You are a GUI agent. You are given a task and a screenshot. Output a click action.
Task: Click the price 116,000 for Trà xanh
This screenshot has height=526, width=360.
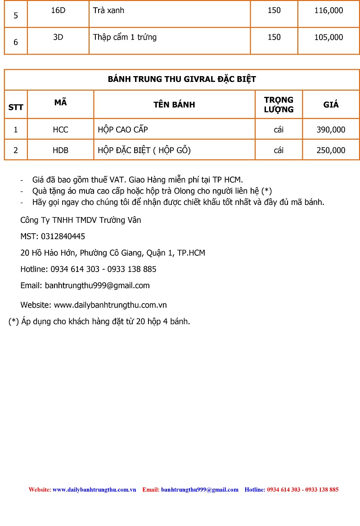click(x=328, y=10)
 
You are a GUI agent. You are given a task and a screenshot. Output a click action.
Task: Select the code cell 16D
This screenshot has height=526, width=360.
click(x=58, y=10)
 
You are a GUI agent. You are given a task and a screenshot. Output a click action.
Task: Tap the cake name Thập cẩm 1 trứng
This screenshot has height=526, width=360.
click(x=125, y=37)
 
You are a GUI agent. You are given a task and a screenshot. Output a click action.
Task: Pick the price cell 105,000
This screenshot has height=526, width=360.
click(x=328, y=37)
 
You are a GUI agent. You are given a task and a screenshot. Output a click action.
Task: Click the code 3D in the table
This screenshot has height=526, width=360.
click(x=58, y=37)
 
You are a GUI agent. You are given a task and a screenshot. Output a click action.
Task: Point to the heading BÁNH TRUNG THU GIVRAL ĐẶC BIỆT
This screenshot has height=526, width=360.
click(x=182, y=79)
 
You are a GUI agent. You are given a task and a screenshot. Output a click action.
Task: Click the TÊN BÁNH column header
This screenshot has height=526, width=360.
click(x=174, y=104)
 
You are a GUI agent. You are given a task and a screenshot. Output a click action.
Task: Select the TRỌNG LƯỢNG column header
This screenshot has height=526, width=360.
click(x=279, y=104)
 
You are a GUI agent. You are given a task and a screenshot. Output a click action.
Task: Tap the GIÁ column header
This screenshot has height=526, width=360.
click(x=331, y=104)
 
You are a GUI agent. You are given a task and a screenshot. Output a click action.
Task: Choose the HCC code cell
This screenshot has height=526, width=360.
click(x=60, y=130)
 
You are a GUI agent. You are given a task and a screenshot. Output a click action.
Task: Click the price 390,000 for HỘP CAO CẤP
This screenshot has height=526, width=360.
click(x=331, y=130)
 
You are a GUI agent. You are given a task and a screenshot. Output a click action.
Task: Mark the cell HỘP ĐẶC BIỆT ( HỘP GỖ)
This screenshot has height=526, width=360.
click(x=144, y=150)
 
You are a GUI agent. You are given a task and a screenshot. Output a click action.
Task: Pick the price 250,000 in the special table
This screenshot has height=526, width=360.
click(x=331, y=150)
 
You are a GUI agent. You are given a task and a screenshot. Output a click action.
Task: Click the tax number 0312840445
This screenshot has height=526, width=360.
click(x=63, y=236)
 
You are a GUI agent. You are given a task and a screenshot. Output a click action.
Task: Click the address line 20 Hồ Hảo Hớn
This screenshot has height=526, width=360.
click(x=112, y=253)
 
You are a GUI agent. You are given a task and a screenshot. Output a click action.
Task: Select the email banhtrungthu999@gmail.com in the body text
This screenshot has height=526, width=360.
click(x=97, y=286)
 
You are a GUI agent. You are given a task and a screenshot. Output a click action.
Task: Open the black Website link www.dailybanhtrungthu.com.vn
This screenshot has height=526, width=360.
click(x=110, y=305)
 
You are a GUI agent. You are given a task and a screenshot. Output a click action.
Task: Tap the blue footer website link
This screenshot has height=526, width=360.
click(x=94, y=490)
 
